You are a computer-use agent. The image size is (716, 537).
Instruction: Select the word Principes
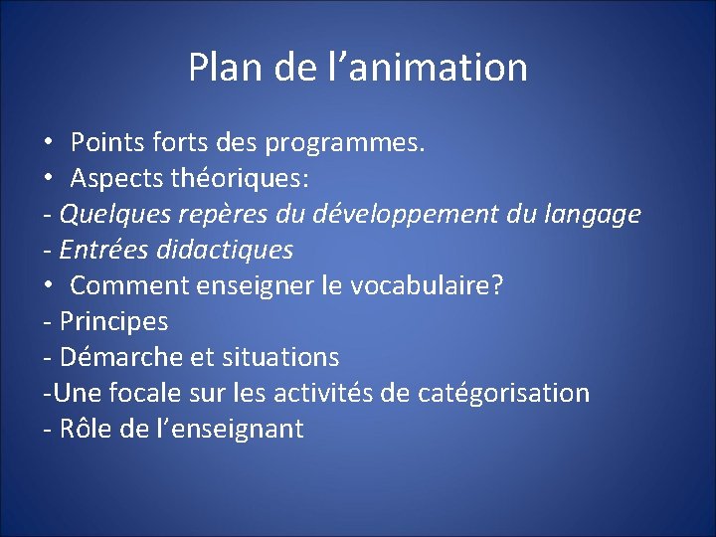click(113, 321)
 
